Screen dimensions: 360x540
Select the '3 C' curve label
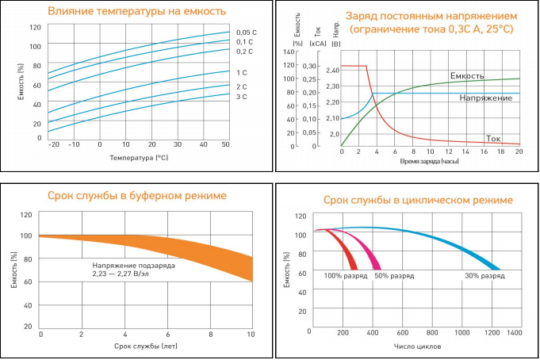pos(242,96)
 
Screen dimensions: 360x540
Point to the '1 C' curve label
pos(242,72)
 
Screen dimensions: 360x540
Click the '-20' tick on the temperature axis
pos(53,144)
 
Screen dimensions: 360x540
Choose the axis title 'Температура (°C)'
pos(138,158)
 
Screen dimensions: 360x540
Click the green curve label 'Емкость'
pos(467,76)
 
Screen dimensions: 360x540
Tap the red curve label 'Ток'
pos(493,136)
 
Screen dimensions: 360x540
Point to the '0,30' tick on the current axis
pos(308,66)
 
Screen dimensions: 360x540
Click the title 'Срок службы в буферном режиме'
pos(136,195)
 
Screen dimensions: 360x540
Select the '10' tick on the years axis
pos(251,335)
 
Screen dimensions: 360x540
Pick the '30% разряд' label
pos(484,276)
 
